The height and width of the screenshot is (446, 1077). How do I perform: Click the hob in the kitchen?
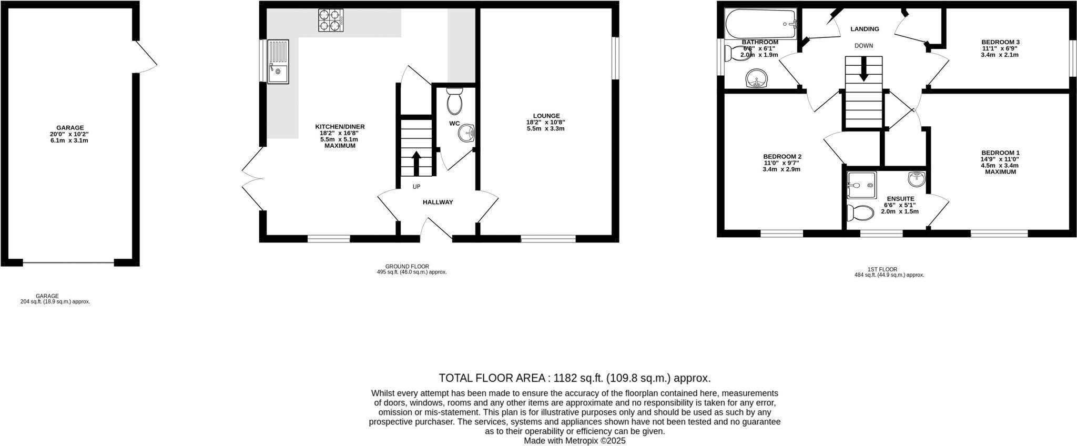point(330,21)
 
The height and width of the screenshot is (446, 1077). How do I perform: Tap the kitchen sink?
point(277,62)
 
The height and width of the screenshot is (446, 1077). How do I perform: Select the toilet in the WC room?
point(454,101)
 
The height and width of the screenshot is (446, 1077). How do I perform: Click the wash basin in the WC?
point(466,134)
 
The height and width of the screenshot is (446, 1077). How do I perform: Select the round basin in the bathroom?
point(757,79)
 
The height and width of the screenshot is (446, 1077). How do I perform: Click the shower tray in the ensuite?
point(861,185)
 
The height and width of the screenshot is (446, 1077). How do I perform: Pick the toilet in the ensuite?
point(860,213)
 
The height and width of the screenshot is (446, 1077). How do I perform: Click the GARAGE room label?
point(70,128)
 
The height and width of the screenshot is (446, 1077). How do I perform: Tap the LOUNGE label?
point(546,116)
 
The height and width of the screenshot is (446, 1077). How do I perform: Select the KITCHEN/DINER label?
point(340,127)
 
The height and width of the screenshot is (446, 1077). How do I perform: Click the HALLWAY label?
point(438,202)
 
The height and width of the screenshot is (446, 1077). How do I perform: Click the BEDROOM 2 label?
point(782,157)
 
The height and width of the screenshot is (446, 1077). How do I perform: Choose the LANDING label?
point(865,29)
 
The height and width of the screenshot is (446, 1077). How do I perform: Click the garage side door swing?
point(146,58)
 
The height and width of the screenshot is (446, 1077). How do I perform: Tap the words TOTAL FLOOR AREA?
point(492,378)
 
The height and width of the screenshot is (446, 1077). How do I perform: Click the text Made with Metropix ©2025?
point(574,441)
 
